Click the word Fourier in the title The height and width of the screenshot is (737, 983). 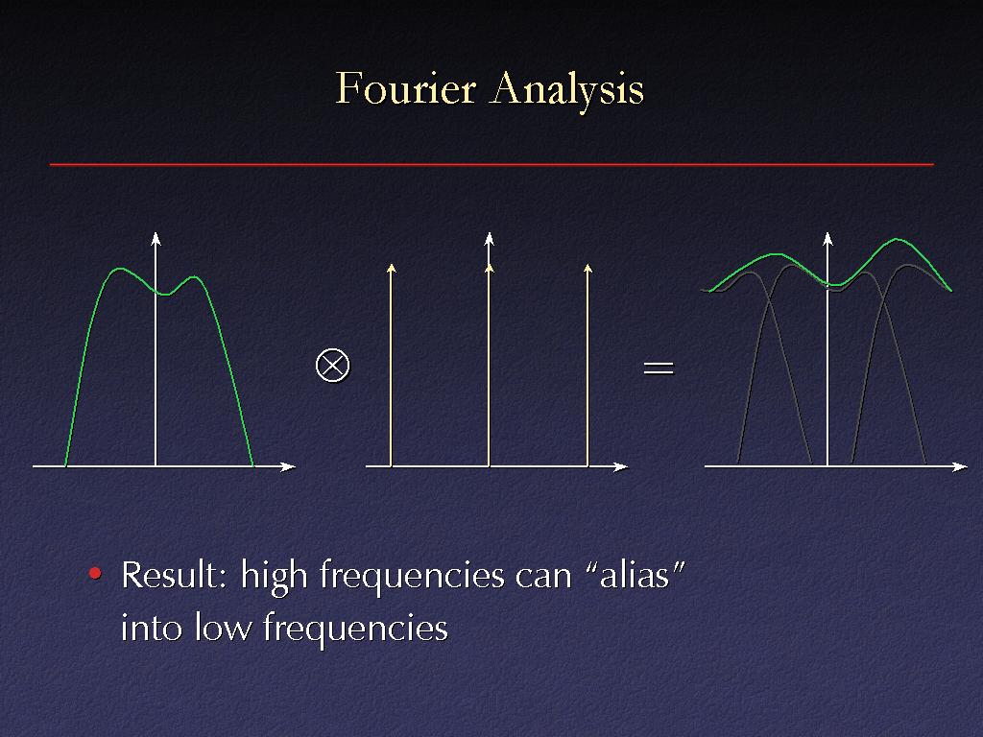(406, 88)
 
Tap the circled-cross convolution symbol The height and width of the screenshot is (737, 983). (332, 365)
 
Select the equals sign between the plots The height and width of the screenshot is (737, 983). (659, 368)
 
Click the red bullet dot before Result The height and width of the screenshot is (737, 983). (95, 573)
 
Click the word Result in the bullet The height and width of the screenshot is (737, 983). (173, 575)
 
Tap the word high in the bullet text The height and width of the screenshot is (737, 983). (274, 577)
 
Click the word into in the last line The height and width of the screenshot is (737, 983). (151, 627)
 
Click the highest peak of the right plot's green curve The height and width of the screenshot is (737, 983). (898, 239)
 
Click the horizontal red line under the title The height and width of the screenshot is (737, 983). (491, 165)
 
